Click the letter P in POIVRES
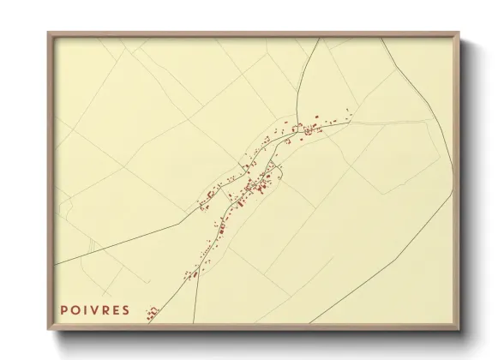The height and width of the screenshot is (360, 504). coord(64,309)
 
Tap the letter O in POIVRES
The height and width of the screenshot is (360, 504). coord(75,309)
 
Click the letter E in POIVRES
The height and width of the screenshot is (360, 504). coord(115,309)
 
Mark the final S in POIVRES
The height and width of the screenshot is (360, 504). coord(125,309)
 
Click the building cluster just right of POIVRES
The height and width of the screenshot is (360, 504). coord(153,312)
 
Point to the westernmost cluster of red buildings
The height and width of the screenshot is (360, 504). coord(206,203)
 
